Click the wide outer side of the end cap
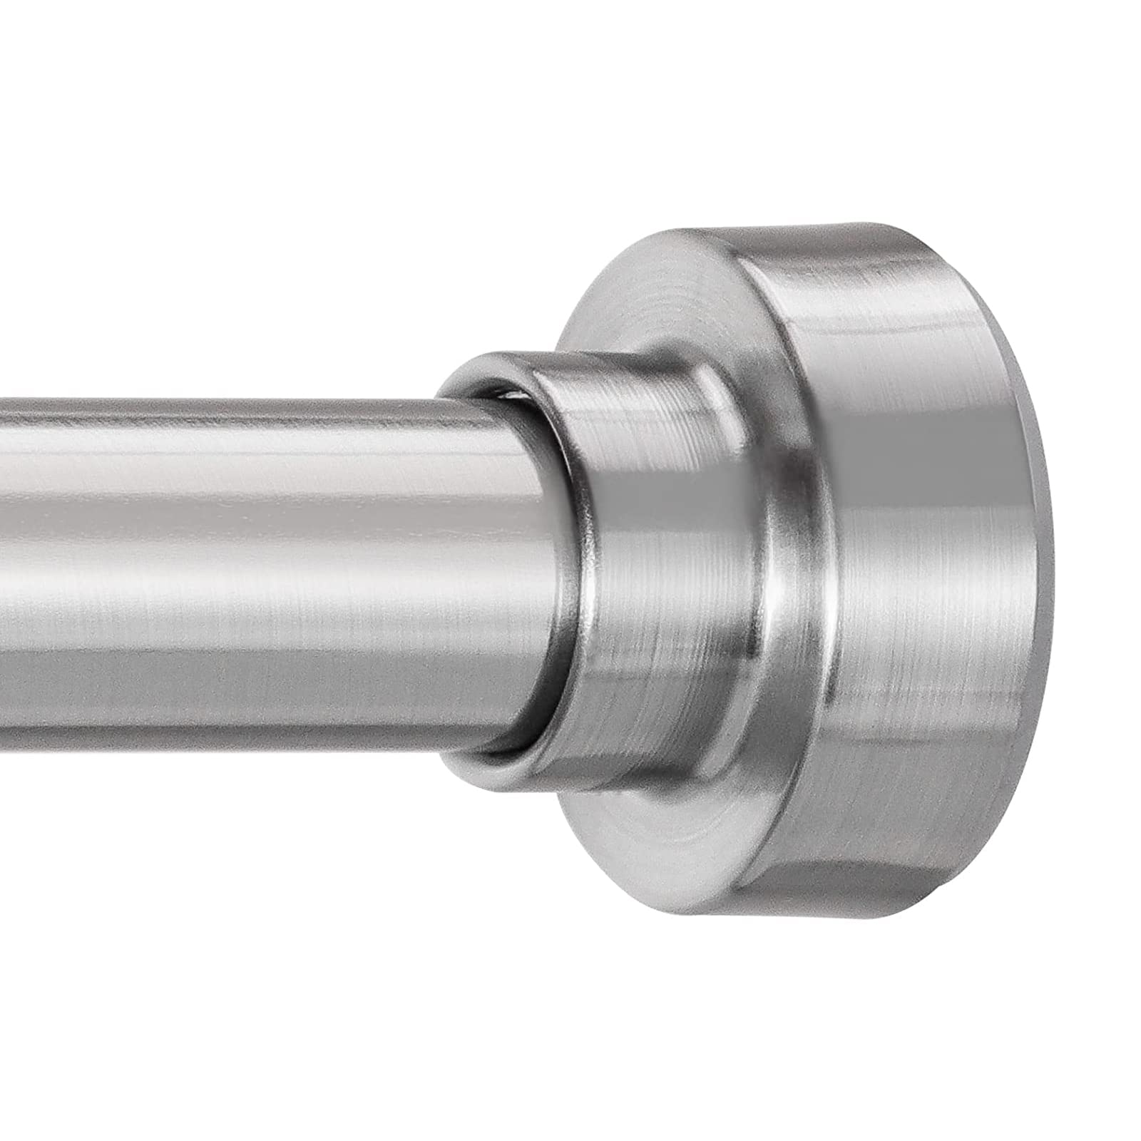pyautogui.click(x=927, y=570)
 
